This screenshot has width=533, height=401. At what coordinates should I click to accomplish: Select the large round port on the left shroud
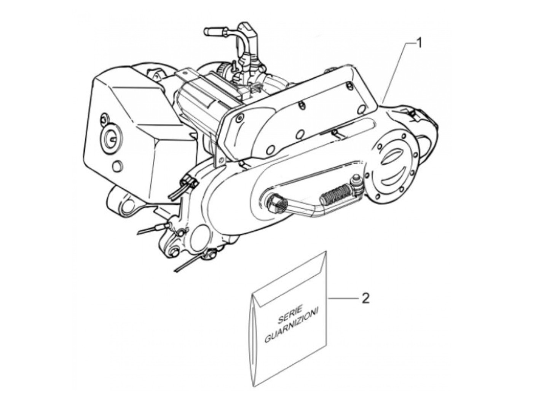pos(110,138)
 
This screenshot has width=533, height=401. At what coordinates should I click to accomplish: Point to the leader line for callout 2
pos(343,298)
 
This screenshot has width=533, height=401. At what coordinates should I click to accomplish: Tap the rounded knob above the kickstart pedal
pos(357,180)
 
